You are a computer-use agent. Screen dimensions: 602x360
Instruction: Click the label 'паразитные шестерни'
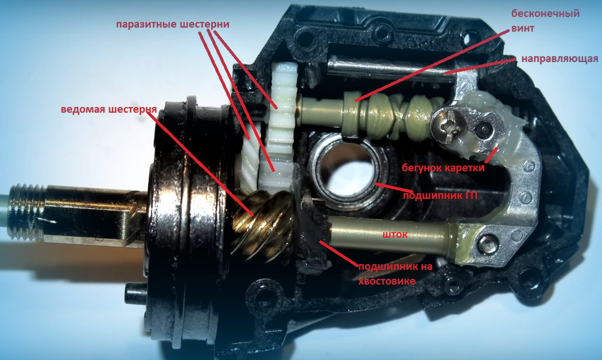[173, 24]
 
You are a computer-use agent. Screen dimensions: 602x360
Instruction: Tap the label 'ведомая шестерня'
[109, 109]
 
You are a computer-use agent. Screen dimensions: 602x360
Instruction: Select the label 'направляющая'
[560, 59]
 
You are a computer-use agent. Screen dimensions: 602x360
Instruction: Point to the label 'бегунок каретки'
[443, 168]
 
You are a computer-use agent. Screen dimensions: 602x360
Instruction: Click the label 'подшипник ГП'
[440, 196]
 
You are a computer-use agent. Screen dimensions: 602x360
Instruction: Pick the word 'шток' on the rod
[395, 234]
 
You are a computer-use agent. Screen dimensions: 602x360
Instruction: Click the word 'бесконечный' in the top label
[545, 14]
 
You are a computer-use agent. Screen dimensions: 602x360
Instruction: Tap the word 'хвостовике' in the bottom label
[387, 281]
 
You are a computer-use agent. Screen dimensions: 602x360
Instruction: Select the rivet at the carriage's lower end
[488, 242]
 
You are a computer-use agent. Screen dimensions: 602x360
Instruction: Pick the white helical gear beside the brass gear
[249, 161]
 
